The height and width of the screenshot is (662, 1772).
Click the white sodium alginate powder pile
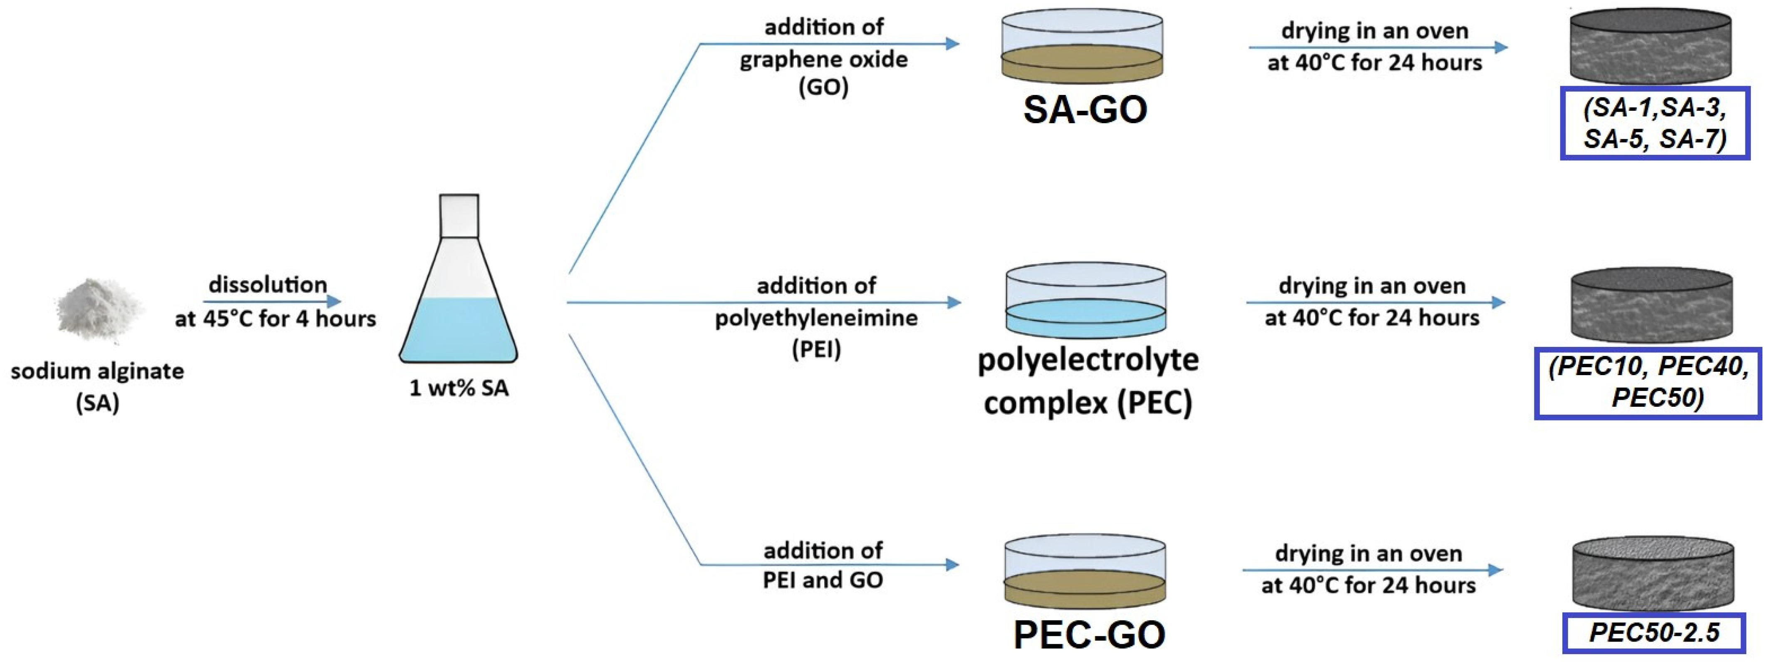point(100,310)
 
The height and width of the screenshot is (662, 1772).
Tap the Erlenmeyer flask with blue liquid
point(458,303)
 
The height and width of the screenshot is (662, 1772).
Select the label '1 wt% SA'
point(459,388)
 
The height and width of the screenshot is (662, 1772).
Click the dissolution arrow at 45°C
point(272,301)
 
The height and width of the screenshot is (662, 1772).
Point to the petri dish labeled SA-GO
point(1082,46)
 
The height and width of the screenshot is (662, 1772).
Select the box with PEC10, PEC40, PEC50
point(1648,383)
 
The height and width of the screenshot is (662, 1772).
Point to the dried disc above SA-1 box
point(1650,46)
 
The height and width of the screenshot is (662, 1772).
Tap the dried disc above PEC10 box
point(1651,306)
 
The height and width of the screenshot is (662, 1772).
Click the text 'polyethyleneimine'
point(816,318)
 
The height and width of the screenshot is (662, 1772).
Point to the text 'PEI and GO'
point(823,580)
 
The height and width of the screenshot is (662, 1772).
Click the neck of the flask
point(459,215)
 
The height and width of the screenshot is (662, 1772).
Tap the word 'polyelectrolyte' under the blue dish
point(1088,360)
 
